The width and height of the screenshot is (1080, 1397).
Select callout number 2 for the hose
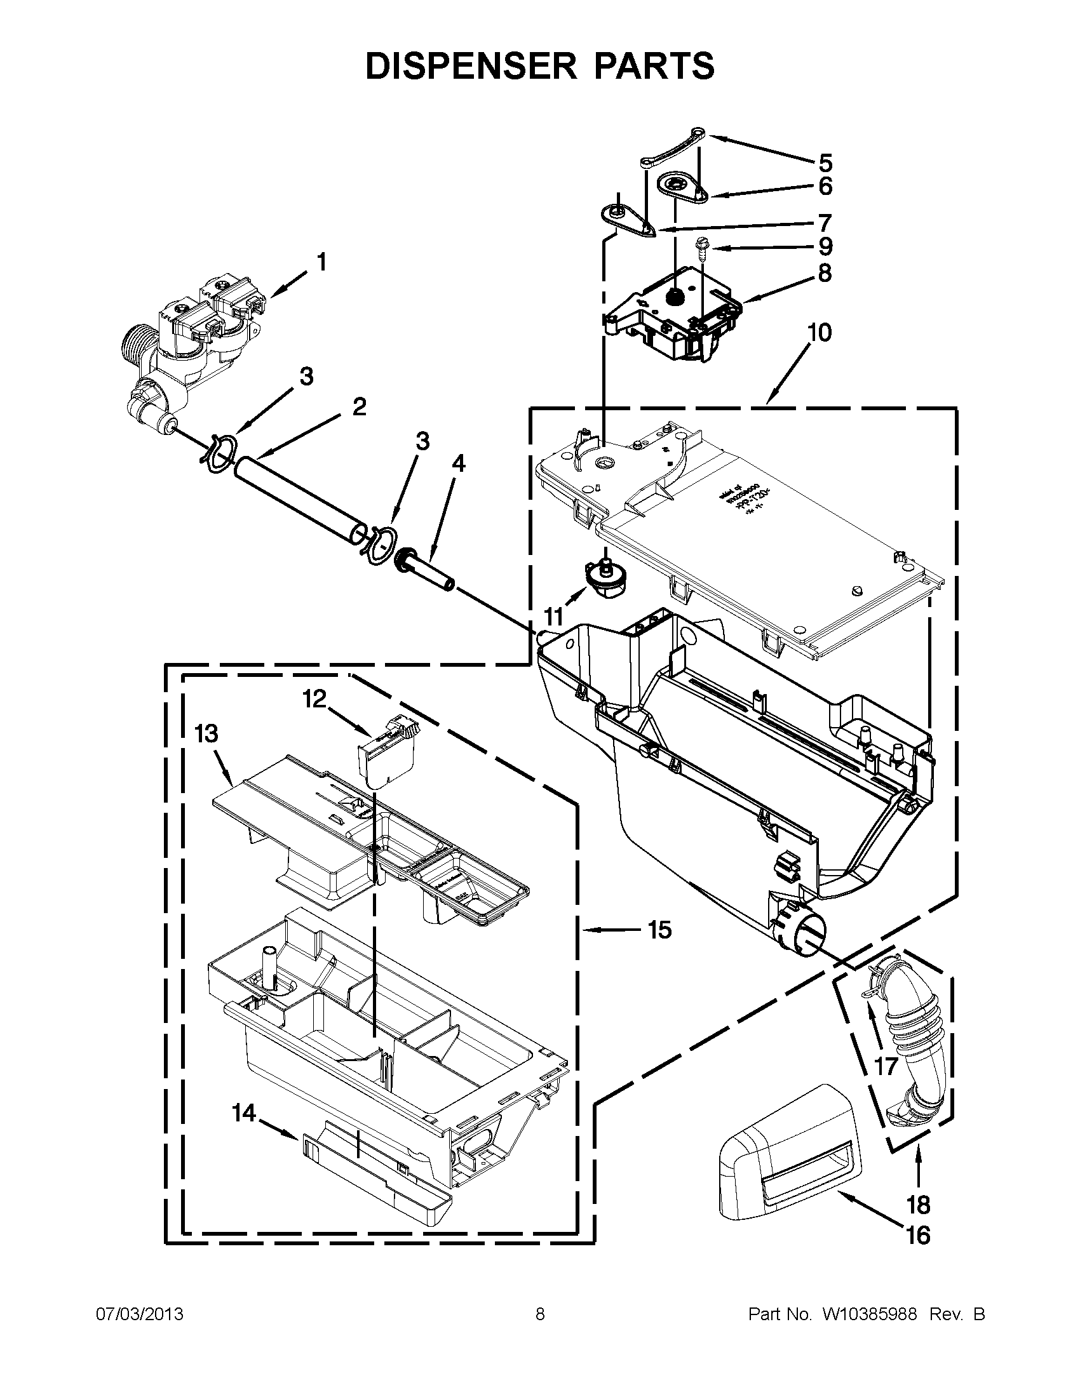(x=359, y=406)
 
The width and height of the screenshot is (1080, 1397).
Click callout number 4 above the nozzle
(x=458, y=464)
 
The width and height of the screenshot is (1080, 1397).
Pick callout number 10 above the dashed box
(x=820, y=333)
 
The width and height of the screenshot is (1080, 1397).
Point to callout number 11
(x=553, y=617)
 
